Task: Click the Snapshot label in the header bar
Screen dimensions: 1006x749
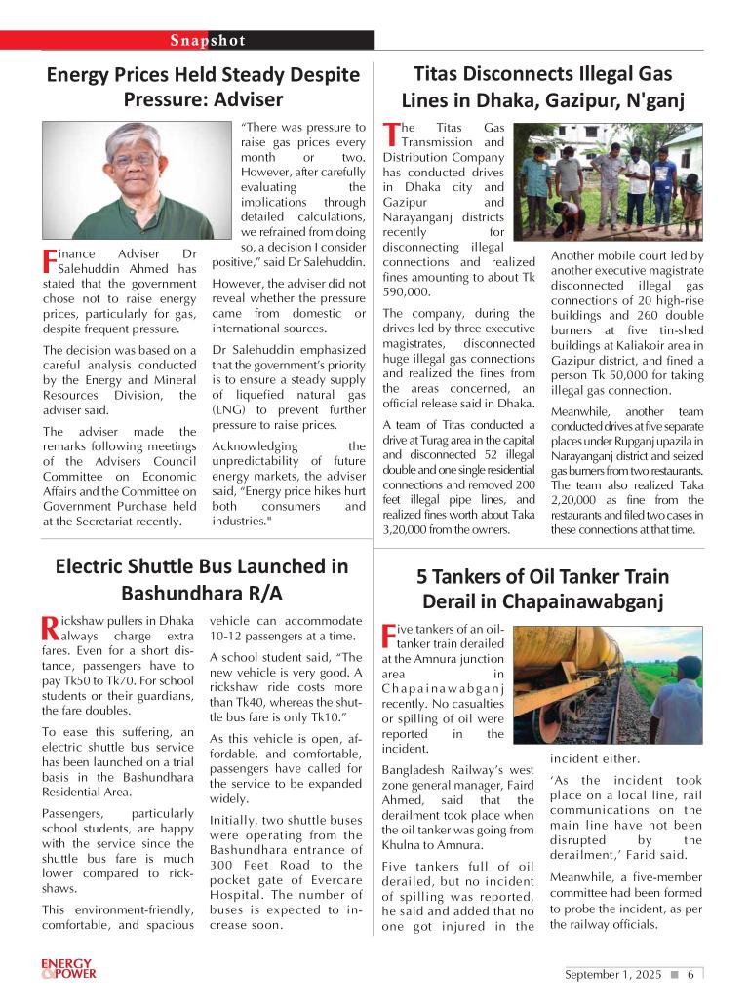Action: pos(208,40)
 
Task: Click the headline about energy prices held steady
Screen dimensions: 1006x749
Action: pos(203,87)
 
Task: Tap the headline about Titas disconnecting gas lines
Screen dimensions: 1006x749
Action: pos(543,87)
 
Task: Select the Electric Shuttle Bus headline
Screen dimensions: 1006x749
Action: pos(202,579)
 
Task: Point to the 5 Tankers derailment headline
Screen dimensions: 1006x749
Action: pos(543,588)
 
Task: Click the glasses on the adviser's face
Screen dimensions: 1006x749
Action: pos(134,159)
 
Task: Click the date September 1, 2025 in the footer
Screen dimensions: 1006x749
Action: pos(612,974)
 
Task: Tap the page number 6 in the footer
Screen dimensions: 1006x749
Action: pos(690,974)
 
